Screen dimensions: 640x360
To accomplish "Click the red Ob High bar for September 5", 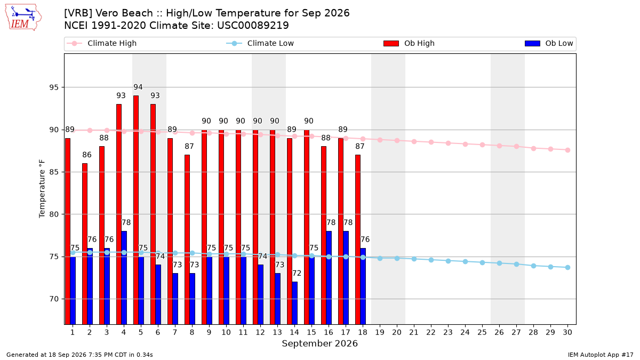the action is (136, 210).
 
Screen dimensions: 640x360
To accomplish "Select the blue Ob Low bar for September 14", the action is (294, 303).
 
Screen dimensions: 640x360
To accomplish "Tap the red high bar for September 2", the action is (85, 244).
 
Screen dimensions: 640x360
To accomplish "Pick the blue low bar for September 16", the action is (329, 278).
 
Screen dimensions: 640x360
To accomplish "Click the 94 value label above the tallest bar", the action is (138, 87).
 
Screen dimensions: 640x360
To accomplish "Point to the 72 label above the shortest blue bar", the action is (297, 274).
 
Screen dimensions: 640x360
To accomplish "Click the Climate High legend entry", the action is (102, 43).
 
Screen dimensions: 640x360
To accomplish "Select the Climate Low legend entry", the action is (260, 43).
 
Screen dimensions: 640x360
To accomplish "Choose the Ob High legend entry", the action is (409, 43).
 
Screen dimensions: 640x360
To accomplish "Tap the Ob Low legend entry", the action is (549, 43).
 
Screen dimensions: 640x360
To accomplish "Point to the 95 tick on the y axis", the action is (54, 87).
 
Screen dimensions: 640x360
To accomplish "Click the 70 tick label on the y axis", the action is (54, 299).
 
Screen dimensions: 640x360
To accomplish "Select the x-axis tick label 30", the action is (567, 332).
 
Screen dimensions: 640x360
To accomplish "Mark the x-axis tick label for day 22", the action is (431, 332).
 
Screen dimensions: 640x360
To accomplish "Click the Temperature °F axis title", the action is (42, 189).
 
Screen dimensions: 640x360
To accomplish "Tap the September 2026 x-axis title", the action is (319, 343).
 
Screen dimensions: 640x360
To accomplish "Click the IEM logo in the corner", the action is (23, 18).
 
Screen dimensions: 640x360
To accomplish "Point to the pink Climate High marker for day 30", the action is (567, 150).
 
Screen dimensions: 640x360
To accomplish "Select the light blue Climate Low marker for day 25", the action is (482, 262).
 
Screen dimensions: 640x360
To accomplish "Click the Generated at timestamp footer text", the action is (79, 355).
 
